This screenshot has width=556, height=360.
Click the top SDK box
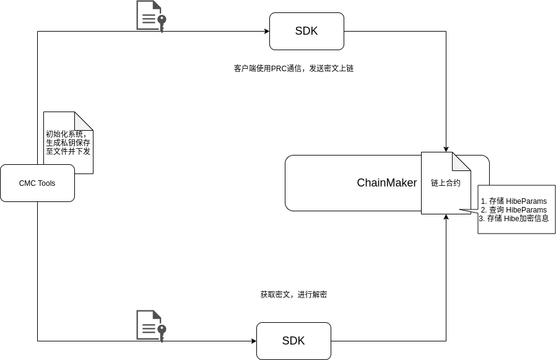tap(306, 31)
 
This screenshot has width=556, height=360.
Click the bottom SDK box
tap(293, 341)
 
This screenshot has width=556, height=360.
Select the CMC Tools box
tap(37, 183)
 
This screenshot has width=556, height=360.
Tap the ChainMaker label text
tap(386, 183)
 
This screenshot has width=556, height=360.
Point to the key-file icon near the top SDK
tap(151, 16)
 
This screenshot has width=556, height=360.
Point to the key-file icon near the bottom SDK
tap(151, 325)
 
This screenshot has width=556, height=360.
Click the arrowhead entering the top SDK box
tap(266, 31)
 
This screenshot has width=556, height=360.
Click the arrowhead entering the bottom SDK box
tap(253, 341)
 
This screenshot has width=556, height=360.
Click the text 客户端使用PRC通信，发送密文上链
tap(293, 69)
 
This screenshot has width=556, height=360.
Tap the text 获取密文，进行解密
tap(293, 295)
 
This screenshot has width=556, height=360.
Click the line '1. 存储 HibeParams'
tap(514, 201)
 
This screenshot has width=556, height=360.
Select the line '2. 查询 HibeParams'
tap(514, 210)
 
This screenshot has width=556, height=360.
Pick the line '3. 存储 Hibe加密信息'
tap(514, 219)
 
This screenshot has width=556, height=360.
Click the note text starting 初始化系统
tap(68, 143)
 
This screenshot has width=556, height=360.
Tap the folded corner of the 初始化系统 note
tap(85, 120)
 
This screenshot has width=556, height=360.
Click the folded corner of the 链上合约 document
tap(463, 160)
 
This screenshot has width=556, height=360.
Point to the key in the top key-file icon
tap(162, 22)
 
